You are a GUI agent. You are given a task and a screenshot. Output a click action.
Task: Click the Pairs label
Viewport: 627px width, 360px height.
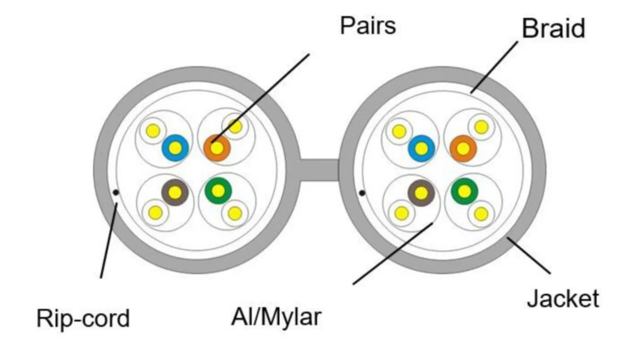coord(368,26)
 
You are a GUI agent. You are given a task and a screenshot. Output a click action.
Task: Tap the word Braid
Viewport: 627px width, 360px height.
coord(553,28)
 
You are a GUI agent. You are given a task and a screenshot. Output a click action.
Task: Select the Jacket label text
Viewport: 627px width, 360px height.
coord(563,298)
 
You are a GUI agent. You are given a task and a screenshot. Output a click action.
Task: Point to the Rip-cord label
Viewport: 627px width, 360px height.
coord(83,318)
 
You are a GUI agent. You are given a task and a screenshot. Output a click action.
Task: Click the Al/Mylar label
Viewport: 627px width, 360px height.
coord(276,318)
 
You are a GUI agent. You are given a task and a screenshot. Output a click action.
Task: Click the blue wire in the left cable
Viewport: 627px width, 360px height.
coord(175,148)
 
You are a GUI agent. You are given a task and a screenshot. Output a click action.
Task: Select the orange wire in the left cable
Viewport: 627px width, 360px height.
coord(217,148)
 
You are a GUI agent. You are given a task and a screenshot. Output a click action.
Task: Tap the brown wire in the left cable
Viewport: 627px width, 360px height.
coord(175,192)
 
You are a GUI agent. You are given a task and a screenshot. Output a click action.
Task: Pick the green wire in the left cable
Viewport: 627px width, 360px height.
coord(218,191)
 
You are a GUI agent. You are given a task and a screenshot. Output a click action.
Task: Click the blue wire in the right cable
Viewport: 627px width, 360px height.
coord(422,148)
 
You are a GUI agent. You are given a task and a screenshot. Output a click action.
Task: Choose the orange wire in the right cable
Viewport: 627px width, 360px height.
coord(463,148)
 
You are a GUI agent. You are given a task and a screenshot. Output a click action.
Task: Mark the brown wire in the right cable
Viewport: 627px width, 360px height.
coord(421,193)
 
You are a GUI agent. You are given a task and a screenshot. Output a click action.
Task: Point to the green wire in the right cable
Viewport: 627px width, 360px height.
coord(465,191)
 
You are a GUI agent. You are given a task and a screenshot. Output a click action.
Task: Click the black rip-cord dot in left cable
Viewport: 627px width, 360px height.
coord(116,192)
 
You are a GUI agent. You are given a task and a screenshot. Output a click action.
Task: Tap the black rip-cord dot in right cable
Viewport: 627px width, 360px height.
coord(362,193)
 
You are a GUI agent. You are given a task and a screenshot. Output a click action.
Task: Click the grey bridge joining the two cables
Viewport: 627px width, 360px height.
coord(319,170)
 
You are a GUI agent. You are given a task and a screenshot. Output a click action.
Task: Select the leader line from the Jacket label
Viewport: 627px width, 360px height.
coord(529,256)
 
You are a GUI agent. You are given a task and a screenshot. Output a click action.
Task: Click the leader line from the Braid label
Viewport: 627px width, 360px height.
coord(494,67)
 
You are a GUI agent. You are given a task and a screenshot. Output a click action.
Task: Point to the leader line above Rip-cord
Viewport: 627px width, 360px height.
coord(109,241)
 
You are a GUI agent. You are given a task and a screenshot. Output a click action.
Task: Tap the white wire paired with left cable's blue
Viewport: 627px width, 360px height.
coord(153,131)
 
